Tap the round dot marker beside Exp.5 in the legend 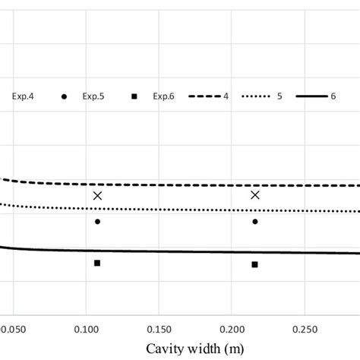click(65, 96)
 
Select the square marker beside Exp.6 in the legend click(134, 96)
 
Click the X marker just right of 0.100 click(97, 196)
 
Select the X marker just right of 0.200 click(255, 195)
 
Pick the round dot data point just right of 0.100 click(97, 222)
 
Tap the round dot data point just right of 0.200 click(255, 222)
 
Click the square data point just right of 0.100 click(97, 263)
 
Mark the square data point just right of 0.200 click(255, 264)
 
